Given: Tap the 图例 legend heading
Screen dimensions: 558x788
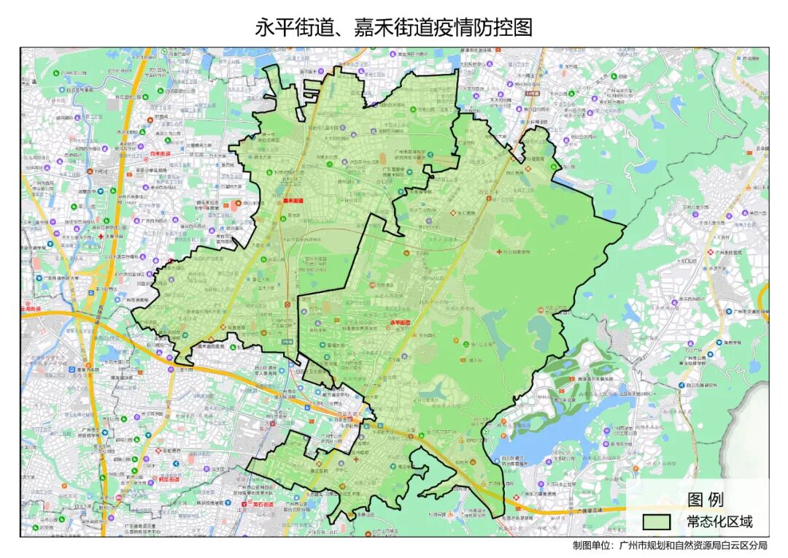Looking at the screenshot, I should coord(705,500).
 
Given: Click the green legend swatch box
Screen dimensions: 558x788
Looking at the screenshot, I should coord(656,522).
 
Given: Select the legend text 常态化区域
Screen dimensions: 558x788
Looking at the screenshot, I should coord(719,522).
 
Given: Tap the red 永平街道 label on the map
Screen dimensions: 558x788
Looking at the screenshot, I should coord(401,321).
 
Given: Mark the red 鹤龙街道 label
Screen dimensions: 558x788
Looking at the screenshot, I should coord(169,479).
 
